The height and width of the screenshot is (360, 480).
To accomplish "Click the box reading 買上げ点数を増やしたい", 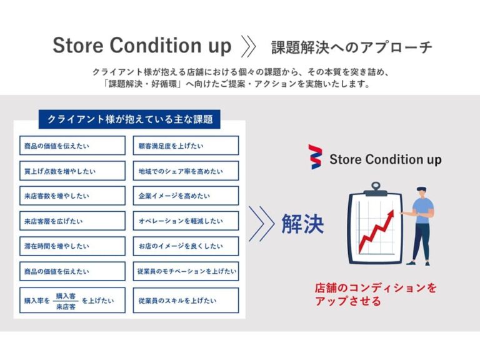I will click(x=72, y=171).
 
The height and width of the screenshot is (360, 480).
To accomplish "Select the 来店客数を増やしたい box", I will click(x=72, y=196).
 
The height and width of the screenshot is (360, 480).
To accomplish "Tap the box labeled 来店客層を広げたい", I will click(x=72, y=221).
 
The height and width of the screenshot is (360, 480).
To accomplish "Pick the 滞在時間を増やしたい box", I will click(x=72, y=246).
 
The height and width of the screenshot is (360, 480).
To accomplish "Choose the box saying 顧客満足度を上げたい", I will click(x=186, y=146).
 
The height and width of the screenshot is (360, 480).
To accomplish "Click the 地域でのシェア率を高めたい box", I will click(x=186, y=171).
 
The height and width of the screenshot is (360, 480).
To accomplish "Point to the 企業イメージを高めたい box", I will click(x=186, y=196).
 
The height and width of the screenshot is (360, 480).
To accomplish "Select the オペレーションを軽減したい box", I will click(x=186, y=221).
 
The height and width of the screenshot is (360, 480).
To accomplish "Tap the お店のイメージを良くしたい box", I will click(x=186, y=246).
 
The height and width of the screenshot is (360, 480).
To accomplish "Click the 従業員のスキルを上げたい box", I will click(x=186, y=300).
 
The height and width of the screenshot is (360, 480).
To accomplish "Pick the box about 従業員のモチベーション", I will click(x=186, y=271).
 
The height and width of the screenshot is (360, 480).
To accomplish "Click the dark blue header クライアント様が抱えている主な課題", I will click(x=130, y=119).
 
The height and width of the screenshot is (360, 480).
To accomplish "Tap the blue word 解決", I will click(x=302, y=224).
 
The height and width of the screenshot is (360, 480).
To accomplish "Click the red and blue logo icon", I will click(x=316, y=156).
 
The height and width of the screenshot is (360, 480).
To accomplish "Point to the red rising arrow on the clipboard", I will click(x=375, y=230).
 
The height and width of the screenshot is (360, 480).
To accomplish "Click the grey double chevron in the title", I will click(x=248, y=46).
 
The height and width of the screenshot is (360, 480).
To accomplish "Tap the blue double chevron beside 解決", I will click(x=261, y=224).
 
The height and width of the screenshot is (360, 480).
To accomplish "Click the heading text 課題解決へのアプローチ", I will click(x=351, y=47).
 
